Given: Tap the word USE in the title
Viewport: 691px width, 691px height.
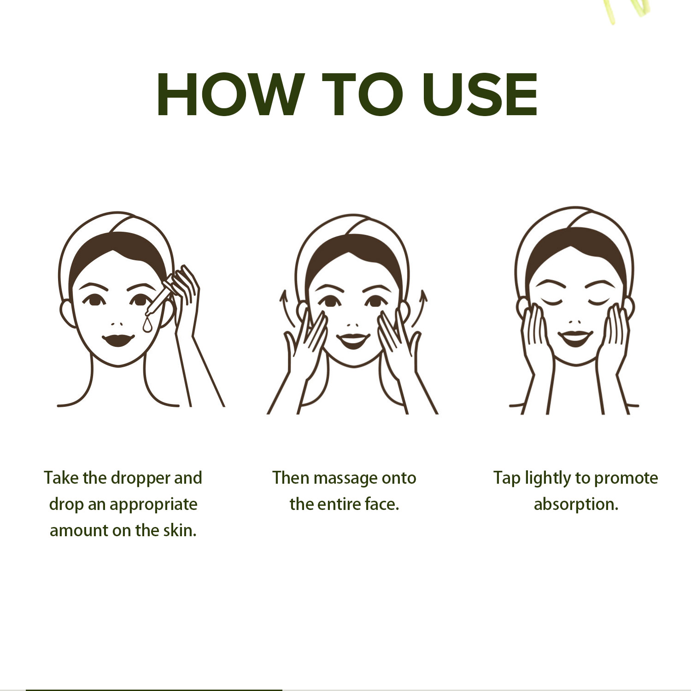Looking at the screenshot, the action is (x=480, y=94).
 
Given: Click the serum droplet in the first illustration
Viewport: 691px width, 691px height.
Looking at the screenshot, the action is (x=147, y=325).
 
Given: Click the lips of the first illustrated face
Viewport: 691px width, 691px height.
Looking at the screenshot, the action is (x=118, y=340).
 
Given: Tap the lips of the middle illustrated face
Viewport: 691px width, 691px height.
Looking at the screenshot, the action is (x=353, y=341).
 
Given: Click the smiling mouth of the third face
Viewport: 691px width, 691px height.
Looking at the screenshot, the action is (x=575, y=338).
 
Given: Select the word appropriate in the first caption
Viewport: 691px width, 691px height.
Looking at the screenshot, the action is (x=153, y=505).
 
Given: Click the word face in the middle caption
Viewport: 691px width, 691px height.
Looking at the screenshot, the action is (x=382, y=504).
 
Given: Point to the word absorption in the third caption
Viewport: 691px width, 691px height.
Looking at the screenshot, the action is (x=576, y=505).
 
